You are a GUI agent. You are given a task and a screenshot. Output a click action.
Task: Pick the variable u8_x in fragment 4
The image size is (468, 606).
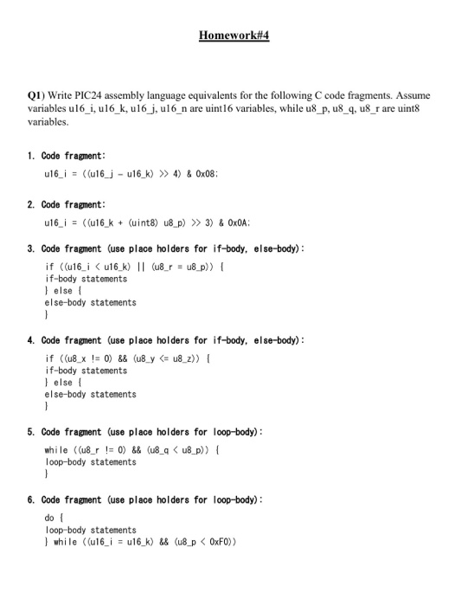tap(78, 358)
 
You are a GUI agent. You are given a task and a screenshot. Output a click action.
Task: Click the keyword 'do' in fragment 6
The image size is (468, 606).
tap(48, 518)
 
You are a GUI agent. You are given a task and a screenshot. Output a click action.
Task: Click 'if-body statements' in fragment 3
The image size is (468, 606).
tap(86, 279)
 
